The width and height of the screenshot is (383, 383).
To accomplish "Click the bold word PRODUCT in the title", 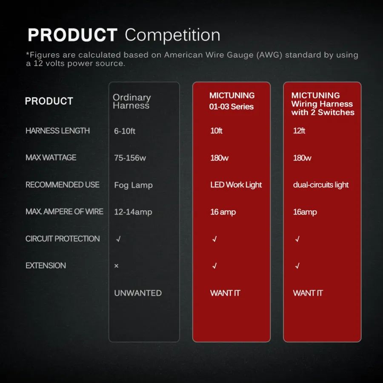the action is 72,35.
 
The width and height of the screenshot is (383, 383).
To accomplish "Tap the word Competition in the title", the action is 172,35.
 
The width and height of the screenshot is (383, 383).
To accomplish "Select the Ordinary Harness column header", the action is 131,101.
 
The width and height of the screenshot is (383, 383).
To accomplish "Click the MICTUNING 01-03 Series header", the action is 232,101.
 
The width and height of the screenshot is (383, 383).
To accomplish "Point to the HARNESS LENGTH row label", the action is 57,131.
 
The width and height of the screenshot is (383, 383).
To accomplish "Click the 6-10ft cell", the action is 125,131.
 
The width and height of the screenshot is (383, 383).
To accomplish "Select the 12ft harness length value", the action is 299,131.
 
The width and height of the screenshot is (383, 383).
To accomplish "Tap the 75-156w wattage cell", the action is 130,158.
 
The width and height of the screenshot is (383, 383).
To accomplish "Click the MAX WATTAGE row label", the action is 51,157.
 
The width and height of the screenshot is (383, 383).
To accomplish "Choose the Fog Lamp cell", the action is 133,185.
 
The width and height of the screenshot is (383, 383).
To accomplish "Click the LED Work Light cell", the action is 236,185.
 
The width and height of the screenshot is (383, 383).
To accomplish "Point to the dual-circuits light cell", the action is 321,185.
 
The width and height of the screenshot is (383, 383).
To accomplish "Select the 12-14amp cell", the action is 133,212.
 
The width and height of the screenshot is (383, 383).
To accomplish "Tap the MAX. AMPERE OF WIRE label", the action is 64,212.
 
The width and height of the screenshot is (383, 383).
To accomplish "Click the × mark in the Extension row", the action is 116,266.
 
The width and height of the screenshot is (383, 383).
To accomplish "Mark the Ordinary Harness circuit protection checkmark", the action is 118,239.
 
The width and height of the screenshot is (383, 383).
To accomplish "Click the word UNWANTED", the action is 138,293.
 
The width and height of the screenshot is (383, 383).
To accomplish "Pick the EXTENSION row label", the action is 46,266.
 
